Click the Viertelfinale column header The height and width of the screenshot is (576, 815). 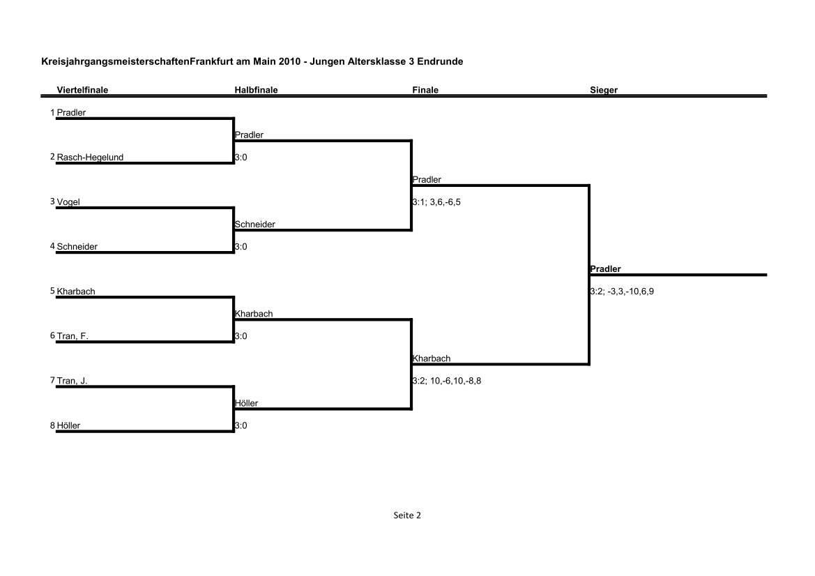82,90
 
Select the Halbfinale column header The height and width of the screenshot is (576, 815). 256,90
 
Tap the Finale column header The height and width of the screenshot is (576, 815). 425,90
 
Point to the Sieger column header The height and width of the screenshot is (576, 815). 604,90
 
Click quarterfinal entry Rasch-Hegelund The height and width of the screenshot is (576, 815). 90,157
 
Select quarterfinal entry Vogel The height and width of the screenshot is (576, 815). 68,202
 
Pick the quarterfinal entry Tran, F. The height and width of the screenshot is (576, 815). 73,336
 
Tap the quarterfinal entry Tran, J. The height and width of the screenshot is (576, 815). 72,381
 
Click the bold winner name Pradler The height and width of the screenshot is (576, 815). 605,268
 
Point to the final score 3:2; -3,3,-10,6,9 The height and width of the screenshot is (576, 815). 622,291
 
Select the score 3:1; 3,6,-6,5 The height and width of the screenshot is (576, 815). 436,202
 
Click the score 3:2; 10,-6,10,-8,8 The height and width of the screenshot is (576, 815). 446,381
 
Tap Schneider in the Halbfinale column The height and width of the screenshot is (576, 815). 254,224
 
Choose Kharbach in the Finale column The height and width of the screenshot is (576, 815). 432,358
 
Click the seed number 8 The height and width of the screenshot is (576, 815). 52,425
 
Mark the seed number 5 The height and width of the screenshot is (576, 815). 52,291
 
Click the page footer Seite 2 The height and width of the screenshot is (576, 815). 407,515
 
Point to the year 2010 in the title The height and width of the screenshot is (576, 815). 289,61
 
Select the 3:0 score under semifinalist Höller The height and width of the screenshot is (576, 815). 241,425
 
